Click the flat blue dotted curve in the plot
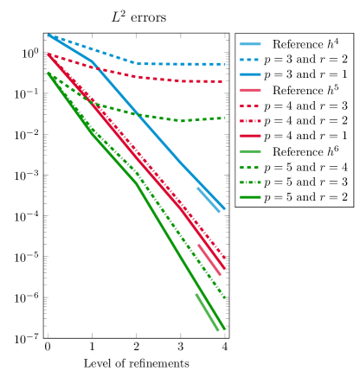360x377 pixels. point(182,63)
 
